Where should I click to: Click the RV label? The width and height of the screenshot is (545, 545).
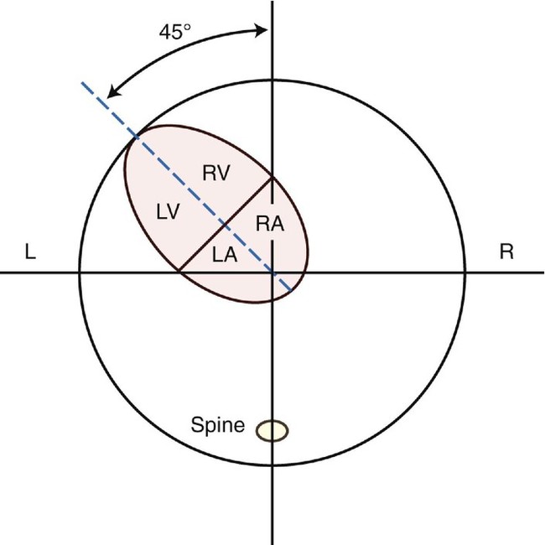point(216,173)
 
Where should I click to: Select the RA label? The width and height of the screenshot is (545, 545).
point(268,222)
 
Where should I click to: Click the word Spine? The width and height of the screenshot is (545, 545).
point(217,426)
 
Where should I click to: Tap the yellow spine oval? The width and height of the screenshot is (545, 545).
point(272,430)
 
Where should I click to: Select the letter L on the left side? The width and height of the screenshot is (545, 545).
point(29,252)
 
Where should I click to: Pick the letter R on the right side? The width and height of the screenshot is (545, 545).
point(506,252)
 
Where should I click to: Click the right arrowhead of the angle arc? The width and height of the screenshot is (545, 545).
point(263,31)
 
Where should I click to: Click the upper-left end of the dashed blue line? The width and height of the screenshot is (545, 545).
point(81,83)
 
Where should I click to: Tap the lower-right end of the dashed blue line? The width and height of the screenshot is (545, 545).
point(291,291)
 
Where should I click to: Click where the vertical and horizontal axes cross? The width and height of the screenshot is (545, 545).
point(272,272)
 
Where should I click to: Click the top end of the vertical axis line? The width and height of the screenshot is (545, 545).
point(272,2)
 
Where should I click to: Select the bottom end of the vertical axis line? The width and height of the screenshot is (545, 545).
point(272,543)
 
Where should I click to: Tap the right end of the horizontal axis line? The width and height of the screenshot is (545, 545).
point(543,272)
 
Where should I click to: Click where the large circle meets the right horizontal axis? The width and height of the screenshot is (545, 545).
point(465,272)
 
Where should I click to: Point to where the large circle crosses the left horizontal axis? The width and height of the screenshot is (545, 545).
point(80,272)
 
